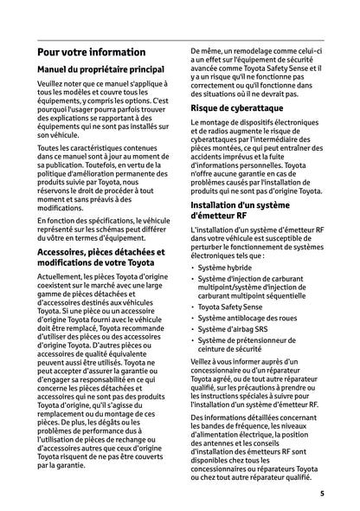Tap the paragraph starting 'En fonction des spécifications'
(x=106, y=209)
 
